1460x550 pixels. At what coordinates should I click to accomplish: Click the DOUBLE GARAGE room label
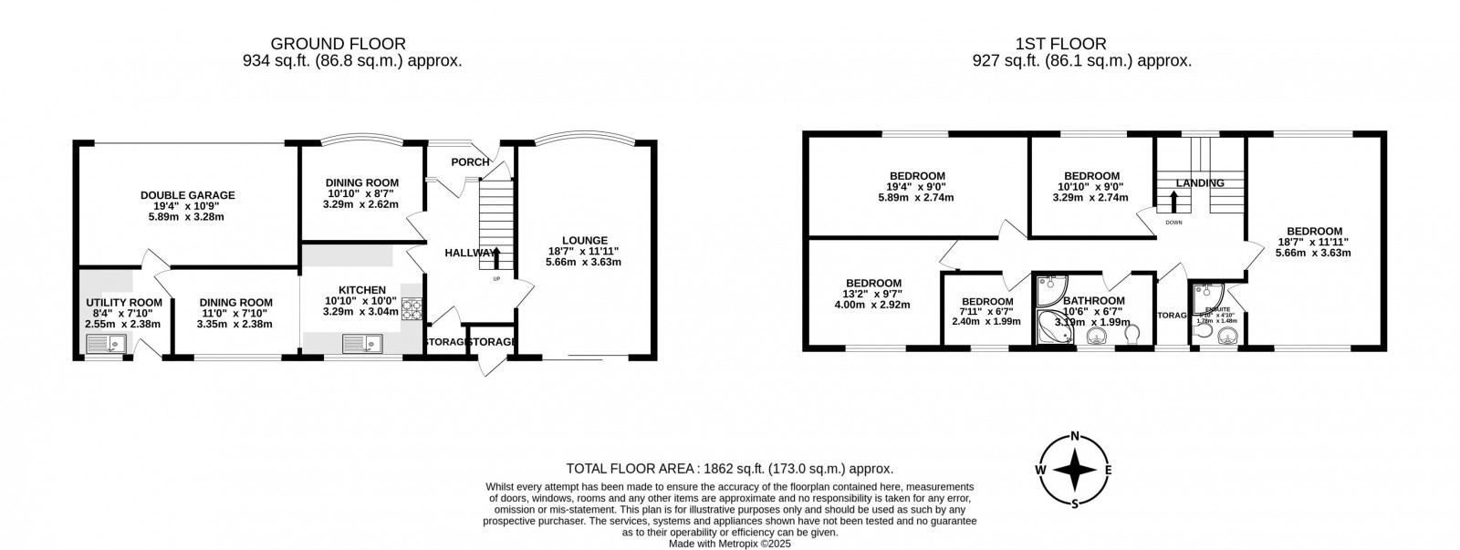[x=187, y=195]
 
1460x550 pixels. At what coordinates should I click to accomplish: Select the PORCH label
[x=470, y=162]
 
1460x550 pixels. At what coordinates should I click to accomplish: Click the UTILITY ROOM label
[x=123, y=303]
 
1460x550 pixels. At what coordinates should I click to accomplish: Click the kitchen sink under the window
[x=357, y=343]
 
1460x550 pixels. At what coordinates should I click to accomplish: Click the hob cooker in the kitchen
[x=412, y=310]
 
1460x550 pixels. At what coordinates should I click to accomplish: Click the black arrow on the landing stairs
[x=1173, y=200]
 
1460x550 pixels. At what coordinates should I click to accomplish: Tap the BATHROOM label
[x=1093, y=301]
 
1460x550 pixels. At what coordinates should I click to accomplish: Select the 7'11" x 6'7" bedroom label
[x=987, y=302]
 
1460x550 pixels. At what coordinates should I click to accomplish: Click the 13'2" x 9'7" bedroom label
[x=873, y=284]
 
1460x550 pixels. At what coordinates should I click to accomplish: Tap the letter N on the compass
[x=1076, y=435]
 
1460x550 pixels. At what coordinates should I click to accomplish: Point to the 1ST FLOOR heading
[x=1060, y=44]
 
